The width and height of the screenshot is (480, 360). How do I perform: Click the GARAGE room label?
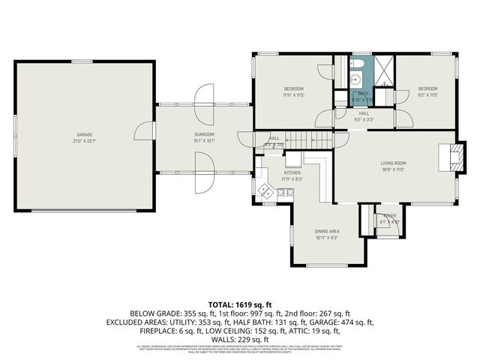82,133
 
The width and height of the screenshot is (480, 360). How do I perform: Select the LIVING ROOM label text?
394,163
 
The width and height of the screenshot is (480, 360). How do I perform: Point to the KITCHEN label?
292,172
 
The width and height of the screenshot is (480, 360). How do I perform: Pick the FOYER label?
389,215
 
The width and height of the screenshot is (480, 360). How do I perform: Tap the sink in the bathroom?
358,78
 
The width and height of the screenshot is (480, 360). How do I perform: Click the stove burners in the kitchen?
285,193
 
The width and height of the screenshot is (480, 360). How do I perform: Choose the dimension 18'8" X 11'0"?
394,169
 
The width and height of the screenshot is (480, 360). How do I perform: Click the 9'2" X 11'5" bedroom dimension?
427,95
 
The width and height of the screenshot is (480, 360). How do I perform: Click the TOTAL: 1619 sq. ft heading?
240,304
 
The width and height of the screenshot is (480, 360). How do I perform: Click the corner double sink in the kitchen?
265,192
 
